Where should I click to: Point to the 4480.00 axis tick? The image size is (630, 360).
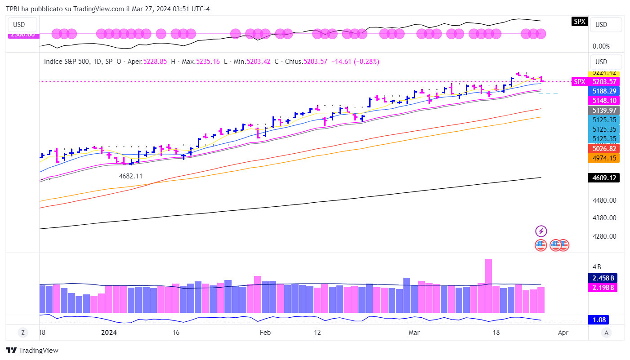[x=603, y=200]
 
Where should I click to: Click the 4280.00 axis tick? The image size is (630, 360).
[x=603, y=236]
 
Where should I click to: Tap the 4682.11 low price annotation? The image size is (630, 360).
[x=130, y=176]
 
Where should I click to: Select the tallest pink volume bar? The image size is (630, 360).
[x=488, y=285]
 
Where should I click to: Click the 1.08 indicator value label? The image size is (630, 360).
[x=599, y=320]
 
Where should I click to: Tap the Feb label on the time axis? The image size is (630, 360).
[x=265, y=333]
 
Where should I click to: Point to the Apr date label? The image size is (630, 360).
[x=563, y=333]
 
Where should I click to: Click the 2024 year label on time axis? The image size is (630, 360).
[x=109, y=333]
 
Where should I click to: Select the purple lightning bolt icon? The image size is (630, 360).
[x=541, y=231]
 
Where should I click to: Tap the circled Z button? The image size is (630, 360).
[x=22, y=333]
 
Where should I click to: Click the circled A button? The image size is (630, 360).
[x=607, y=333]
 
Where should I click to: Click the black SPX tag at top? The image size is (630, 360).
[x=579, y=21]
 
